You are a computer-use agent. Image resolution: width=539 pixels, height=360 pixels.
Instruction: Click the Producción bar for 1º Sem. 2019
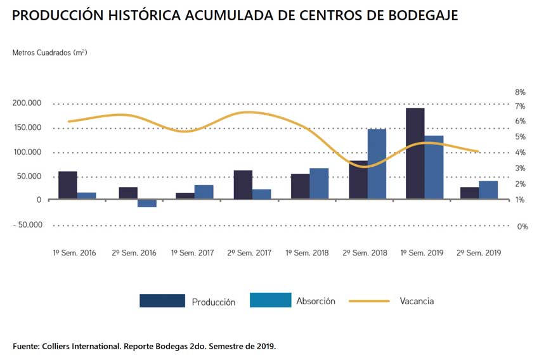click(x=415, y=154)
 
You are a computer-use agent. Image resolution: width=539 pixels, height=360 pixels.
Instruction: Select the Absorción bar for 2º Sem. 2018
click(x=377, y=164)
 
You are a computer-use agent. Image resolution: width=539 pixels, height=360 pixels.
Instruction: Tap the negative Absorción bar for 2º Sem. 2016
click(x=147, y=203)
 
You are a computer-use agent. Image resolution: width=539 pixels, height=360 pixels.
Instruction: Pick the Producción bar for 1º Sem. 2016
click(x=68, y=186)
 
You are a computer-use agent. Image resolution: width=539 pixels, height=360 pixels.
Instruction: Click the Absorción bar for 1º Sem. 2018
click(x=319, y=184)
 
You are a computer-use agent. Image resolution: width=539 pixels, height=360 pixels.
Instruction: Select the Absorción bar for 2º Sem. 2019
click(x=488, y=190)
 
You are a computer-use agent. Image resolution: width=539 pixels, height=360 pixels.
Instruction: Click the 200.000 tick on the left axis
click(x=27, y=103)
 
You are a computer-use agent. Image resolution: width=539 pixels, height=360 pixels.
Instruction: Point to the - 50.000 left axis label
click(x=27, y=225)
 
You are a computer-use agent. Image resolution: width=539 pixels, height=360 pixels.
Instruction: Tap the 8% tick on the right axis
click(x=520, y=93)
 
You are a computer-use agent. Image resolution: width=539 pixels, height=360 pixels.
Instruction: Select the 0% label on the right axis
click(x=522, y=226)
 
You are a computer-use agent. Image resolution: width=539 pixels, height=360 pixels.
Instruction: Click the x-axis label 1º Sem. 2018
click(x=308, y=253)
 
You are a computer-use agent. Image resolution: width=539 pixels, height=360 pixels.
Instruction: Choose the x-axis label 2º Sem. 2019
click(x=479, y=253)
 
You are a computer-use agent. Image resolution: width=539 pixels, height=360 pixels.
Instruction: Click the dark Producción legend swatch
click(x=162, y=301)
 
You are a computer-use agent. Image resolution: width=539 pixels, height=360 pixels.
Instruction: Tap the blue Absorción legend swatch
click(x=271, y=300)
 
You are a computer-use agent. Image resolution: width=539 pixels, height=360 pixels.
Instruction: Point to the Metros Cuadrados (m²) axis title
click(x=49, y=53)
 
